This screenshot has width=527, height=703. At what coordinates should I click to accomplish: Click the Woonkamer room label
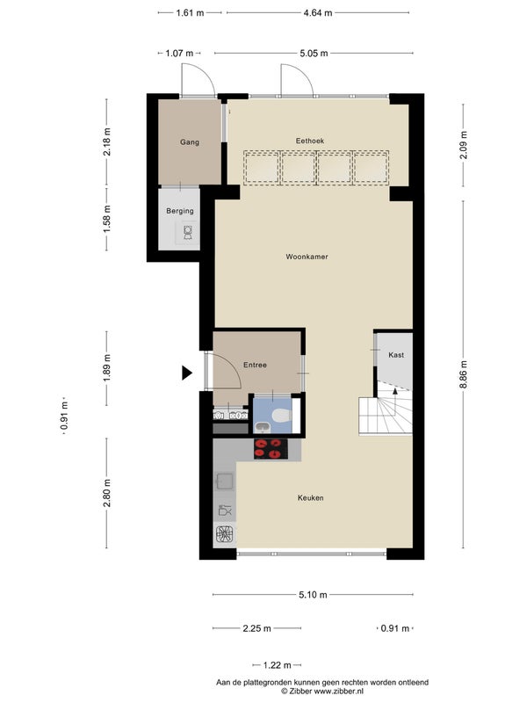(307, 257)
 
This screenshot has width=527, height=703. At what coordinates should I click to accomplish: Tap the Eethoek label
(310, 141)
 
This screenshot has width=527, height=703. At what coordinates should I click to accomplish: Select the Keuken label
(311, 497)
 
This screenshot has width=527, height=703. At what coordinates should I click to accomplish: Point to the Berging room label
(180, 211)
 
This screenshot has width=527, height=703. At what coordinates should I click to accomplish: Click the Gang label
(190, 142)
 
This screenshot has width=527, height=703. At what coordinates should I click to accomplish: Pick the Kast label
(396, 355)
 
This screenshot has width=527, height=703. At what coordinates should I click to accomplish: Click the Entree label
(255, 365)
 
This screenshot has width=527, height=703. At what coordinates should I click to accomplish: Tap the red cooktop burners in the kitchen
(271, 449)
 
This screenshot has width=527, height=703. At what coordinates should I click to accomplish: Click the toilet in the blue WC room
(281, 416)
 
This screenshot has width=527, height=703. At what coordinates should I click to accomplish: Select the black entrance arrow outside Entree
(186, 373)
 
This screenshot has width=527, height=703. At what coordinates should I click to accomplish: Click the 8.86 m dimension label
(464, 374)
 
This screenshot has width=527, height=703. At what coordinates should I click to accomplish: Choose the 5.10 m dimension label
(313, 595)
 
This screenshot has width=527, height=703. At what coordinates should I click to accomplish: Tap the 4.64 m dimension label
(318, 13)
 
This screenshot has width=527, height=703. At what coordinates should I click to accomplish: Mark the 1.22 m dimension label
(277, 665)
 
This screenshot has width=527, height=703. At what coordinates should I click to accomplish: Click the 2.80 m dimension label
(106, 493)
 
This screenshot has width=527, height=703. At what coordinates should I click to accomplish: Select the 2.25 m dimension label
(256, 628)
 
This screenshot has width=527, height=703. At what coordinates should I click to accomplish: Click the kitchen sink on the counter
(225, 482)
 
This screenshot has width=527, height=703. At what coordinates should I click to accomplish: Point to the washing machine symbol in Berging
(188, 233)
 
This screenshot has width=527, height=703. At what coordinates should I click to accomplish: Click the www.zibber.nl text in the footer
(338, 692)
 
